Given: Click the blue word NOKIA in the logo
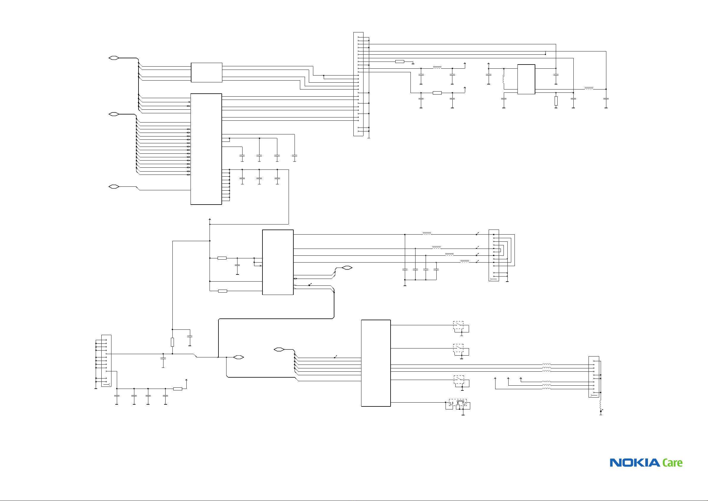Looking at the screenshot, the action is tap(635, 463).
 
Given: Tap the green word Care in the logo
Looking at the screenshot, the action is tap(673, 463).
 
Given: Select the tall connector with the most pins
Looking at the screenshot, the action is tap(358, 84).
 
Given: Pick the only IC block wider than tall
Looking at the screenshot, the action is tap(206, 73).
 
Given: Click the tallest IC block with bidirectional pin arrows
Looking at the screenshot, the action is tap(206, 149).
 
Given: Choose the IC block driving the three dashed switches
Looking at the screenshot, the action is tap(376, 363).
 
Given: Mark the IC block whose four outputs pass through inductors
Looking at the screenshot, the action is tap(278, 262).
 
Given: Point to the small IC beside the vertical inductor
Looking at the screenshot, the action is tap(526, 79).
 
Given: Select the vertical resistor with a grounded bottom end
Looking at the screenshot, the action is tap(556, 101).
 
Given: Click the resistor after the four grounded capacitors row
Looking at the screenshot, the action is tap(178, 389).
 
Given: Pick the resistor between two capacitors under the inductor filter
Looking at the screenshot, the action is tap(437, 93).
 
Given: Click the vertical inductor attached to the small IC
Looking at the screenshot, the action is tap(504, 79).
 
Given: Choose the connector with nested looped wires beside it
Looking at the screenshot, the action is tap(494, 255).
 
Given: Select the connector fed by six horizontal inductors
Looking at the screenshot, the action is tap(594, 377).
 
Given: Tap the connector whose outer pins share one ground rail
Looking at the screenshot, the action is tap(106, 361).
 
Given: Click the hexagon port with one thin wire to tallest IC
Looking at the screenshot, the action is tap(114, 187).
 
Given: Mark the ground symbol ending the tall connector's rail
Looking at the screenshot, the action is tap(369, 138).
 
